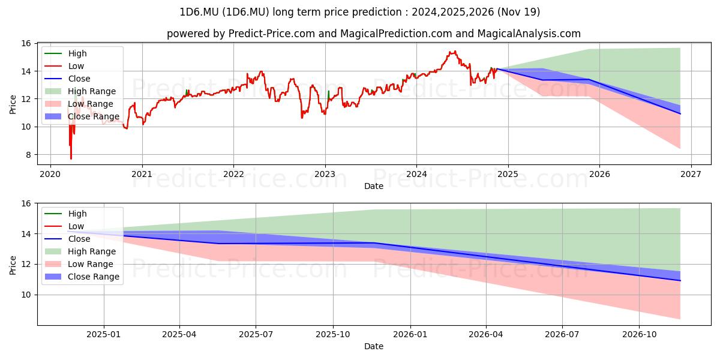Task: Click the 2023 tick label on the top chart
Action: click(x=325, y=174)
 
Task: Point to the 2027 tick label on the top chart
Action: click(x=691, y=174)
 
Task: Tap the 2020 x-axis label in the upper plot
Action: click(x=50, y=174)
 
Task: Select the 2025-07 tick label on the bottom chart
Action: click(x=256, y=335)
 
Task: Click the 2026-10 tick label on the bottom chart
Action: click(x=640, y=335)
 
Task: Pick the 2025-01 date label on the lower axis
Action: click(x=103, y=335)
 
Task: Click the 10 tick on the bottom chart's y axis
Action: click(x=27, y=295)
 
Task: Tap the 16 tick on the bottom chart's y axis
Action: click(x=27, y=203)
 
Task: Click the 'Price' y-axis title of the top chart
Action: click(x=13, y=104)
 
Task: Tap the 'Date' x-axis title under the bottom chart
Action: click(x=374, y=346)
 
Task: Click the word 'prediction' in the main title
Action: click(x=377, y=12)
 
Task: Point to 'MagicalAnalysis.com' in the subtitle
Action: click(x=529, y=34)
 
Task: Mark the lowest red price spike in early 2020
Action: click(x=71, y=158)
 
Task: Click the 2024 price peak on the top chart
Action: click(x=455, y=52)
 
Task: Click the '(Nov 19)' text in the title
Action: click(x=519, y=12)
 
